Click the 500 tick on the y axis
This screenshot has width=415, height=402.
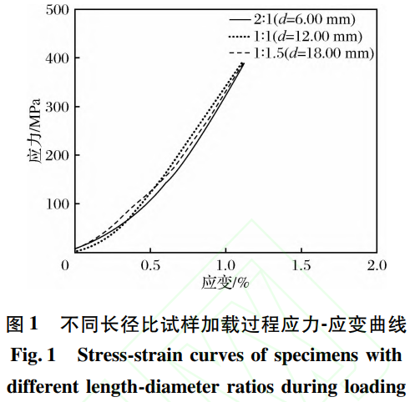pyautogui.click(x=56, y=10)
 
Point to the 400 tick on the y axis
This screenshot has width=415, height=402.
pyautogui.click(x=56, y=58)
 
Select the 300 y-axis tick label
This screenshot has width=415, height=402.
pyautogui.click(x=56, y=107)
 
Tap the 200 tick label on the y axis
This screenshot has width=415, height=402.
pyautogui.click(x=56, y=155)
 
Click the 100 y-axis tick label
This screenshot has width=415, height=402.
pyautogui.click(x=56, y=204)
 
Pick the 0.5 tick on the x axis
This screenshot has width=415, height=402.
pyautogui.click(x=150, y=265)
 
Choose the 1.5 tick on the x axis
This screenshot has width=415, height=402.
pyautogui.click(x=301, y=265)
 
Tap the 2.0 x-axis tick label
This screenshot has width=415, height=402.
pyautogui.click(x=377, y=265)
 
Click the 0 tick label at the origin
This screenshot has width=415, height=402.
pyautogui.click(x=65, y=265)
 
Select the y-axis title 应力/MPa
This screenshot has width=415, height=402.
pyautogui.click(x=34, y=134)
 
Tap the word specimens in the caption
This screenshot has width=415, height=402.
pyautogui.click(x=316, y=355)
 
